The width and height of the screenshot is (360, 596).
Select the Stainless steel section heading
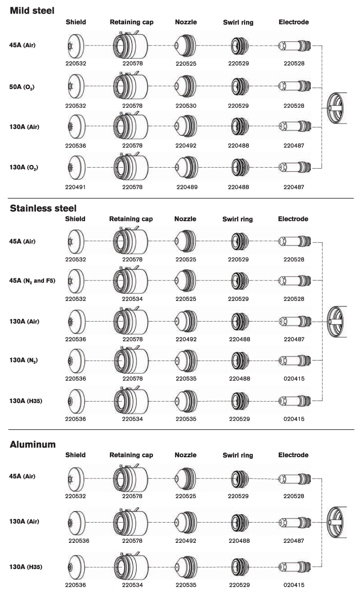pos(43,208)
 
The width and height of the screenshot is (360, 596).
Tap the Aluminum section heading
pos(32,445)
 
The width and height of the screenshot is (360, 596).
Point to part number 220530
pos(186,106)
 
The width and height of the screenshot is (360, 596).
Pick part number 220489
pos(186,187)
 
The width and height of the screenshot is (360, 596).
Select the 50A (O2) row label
pos(24,87)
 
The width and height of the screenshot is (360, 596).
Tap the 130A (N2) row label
pos(23,360)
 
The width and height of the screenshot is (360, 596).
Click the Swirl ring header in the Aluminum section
pos(238,456)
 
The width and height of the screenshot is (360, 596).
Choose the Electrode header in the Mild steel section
pos(294,22)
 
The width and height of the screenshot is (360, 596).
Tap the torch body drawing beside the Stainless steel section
pos(338,321)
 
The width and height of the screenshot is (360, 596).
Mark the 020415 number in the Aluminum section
pos(294,584)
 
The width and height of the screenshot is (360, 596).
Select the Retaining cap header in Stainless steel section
pos(131,219)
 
